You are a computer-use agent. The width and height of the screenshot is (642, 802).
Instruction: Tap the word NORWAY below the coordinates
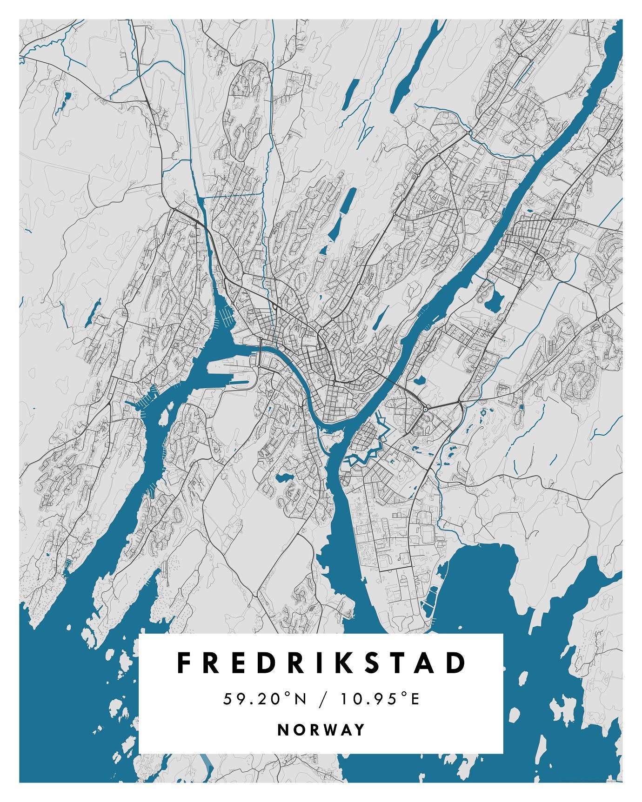pos(321,729)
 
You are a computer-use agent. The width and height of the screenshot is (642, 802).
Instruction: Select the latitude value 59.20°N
pos(265,699)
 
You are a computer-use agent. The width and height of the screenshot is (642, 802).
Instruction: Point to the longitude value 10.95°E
pos(380,699)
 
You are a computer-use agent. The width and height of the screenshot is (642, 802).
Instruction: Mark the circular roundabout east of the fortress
pos(425,410)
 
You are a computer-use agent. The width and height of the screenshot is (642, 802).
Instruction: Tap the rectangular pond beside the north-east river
pos(493,301)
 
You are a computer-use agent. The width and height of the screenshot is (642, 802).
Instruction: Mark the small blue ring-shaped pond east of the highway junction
pos(483,412)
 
